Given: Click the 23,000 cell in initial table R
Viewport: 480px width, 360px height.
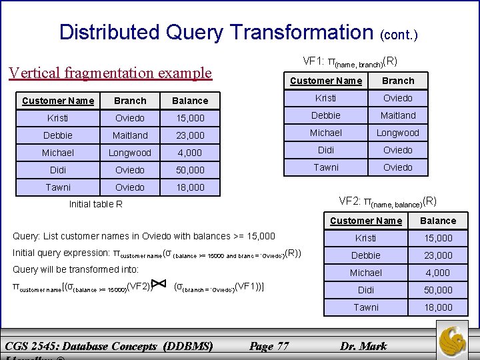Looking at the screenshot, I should click(190, 135).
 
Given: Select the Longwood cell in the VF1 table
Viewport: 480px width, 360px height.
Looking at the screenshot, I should click(398, 133).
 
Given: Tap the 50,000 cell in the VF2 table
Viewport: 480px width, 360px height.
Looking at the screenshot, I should click(438, 290).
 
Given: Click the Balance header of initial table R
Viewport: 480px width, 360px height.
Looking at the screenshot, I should click(190, 101).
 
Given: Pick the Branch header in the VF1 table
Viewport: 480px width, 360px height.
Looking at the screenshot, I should click(398, 81).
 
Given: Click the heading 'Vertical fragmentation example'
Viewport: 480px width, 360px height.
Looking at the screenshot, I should click(110, 73).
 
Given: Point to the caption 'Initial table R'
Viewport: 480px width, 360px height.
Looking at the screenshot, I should click(96, 204).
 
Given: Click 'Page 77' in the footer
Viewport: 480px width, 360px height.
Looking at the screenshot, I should click(269, 346).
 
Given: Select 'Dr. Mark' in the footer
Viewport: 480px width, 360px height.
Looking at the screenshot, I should click(363, 346).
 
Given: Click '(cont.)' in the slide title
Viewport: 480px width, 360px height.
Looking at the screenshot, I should click(399, 34).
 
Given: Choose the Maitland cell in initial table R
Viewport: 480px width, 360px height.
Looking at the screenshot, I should click(130, 135).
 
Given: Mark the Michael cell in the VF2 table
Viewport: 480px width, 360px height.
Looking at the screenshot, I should click(366, 273).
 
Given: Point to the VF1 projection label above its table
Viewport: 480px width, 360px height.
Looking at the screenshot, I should click(350, 62).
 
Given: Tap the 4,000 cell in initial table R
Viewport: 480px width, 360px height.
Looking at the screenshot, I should click(190, 153).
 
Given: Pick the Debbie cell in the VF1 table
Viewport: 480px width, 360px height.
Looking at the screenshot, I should click(326, 115).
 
